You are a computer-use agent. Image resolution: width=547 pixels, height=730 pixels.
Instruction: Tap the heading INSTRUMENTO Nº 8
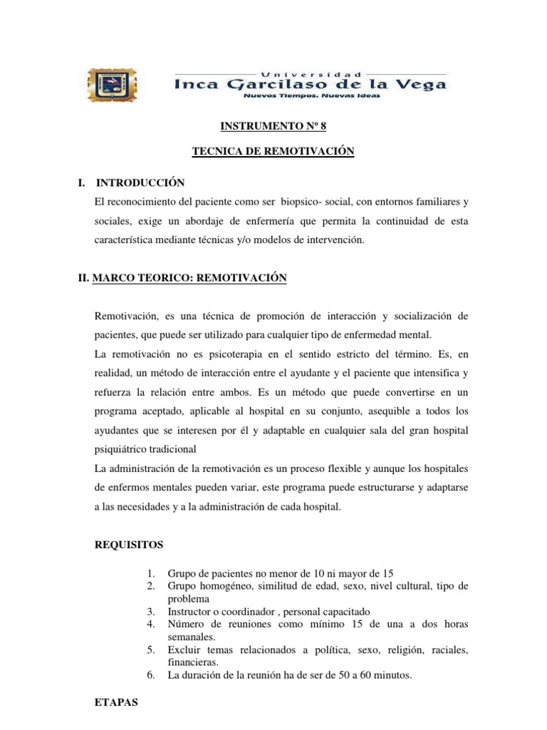tap(273, 126)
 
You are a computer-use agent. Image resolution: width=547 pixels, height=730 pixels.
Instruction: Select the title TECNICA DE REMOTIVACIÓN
tap(273, 152)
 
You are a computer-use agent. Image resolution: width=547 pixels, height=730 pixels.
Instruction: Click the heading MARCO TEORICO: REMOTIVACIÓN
tap(182, 279)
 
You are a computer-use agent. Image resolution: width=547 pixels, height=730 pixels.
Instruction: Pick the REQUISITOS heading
tap(129, 545)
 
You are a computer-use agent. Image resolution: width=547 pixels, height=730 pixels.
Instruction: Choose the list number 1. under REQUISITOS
tap(150, 573)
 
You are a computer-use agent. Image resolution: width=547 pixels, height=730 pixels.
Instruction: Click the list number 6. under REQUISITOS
tap(150, 674)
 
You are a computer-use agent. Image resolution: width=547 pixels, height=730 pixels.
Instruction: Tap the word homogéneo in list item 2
tap(226, 586)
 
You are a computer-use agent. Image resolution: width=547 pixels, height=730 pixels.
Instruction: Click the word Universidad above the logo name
tap(311, 73)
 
